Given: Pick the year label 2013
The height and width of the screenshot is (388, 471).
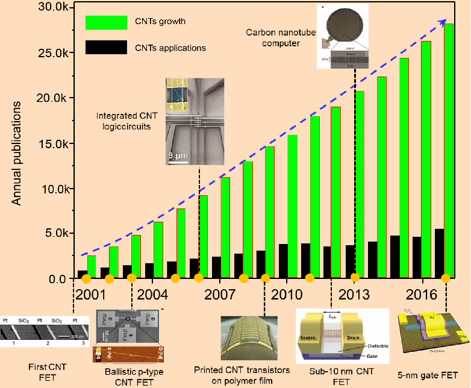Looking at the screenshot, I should coord(354,295).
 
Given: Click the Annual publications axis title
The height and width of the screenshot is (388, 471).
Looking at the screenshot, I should coord(18,153).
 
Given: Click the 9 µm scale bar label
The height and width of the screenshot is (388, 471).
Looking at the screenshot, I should coord(179,155).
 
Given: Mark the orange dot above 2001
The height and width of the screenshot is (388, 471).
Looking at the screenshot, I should coord(86,278).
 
